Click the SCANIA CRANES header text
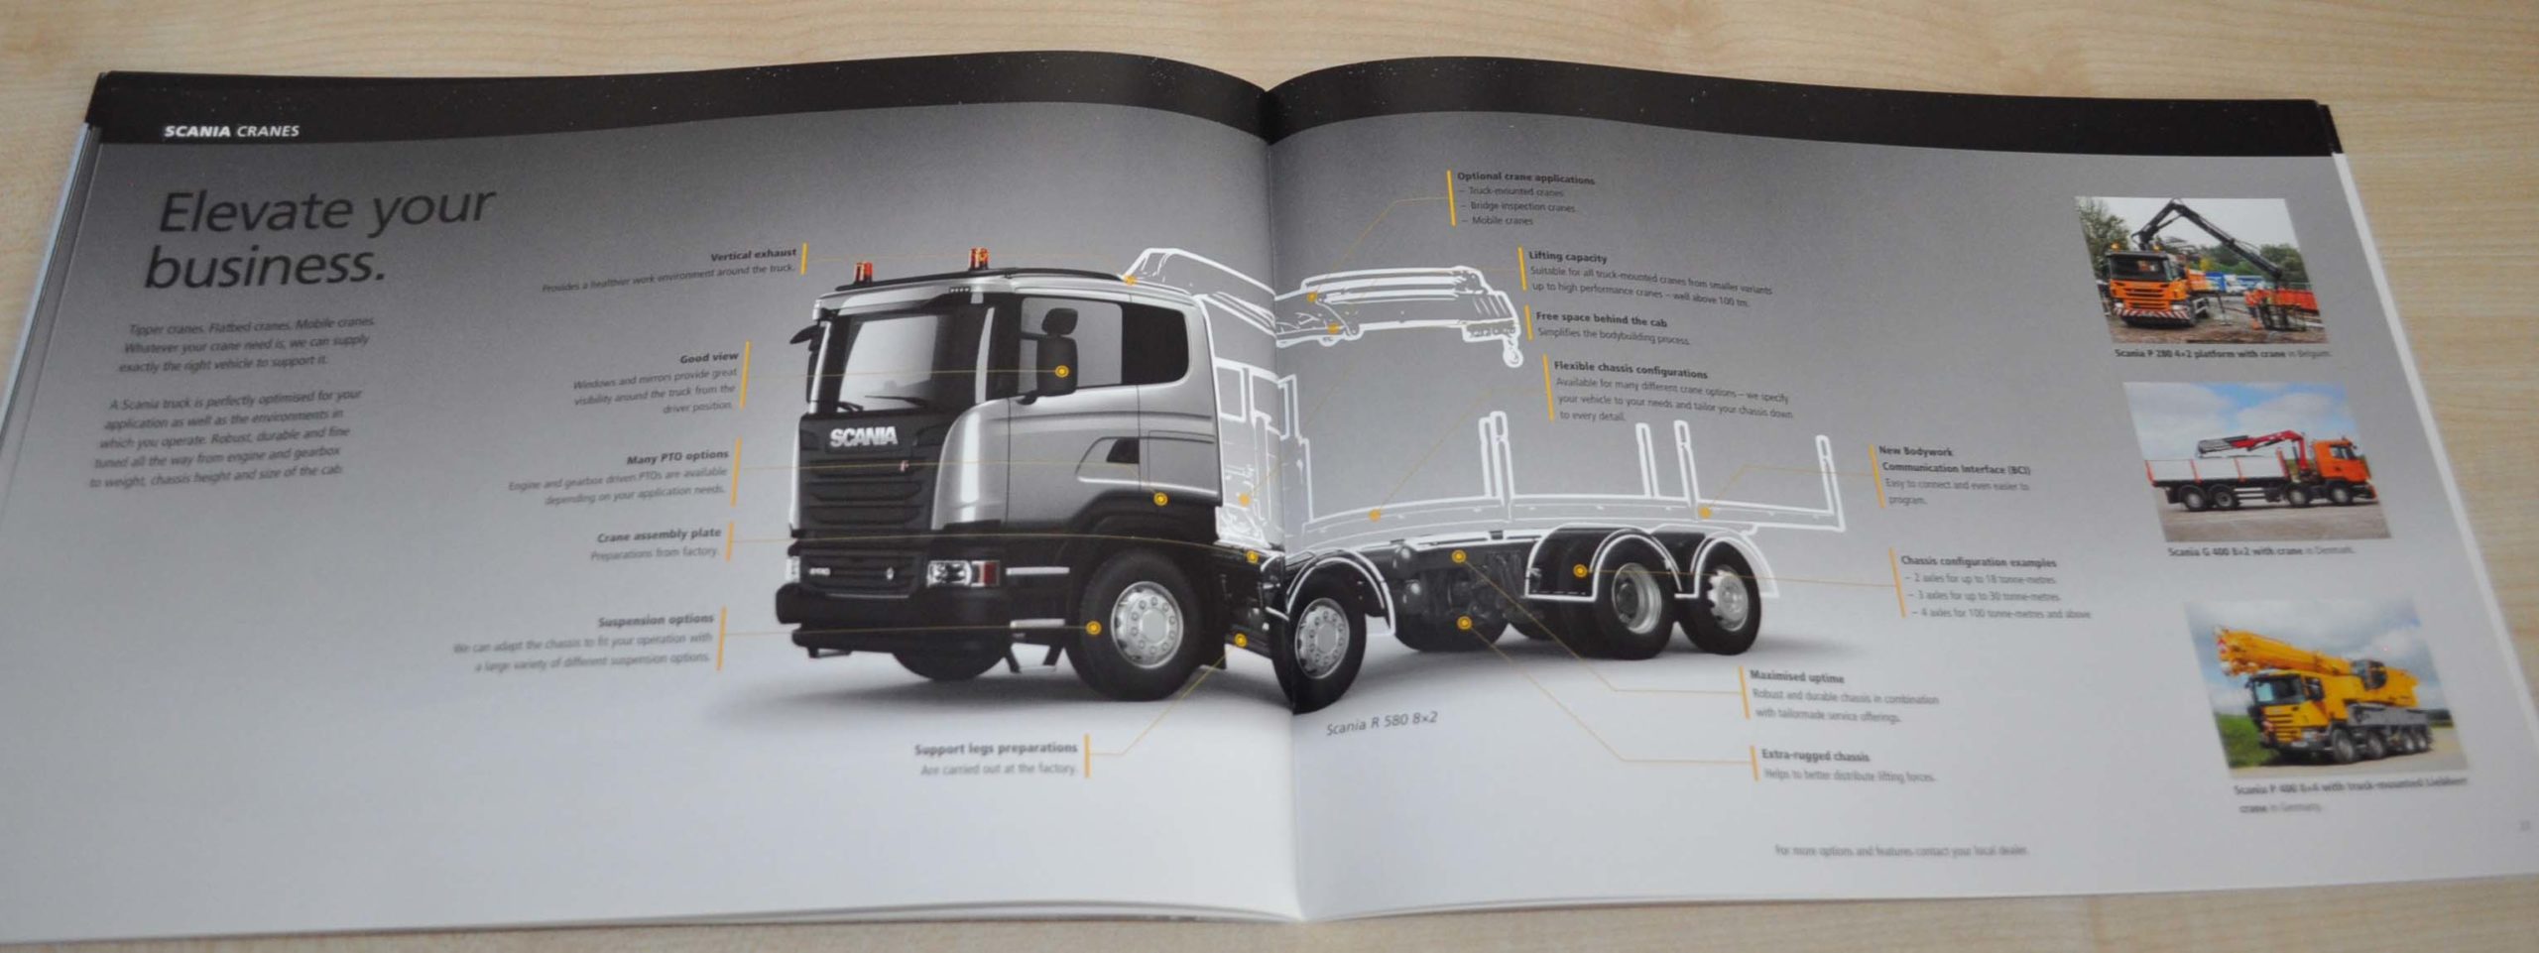(x=231, y=131)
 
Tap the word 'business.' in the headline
(x=265, y=265)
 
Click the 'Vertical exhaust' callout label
(x=753, y=255)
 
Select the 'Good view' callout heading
(x=708, y=357)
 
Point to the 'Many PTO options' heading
(x=677, y=457)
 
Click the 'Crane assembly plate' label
(x=659, y=536)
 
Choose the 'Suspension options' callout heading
(x=656, y=621)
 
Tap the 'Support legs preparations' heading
(x=995, y=749)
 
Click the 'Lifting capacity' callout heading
(x=1567, y=257)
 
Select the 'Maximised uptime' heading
(x=1796, y=677)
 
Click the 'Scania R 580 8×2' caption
(x=1381, y=724)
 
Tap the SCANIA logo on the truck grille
(x=864, y=437)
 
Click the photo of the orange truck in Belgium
(x=2198, y=268)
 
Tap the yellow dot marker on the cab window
(x=1062, y=371)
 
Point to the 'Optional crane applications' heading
(x=1525, y=179)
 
